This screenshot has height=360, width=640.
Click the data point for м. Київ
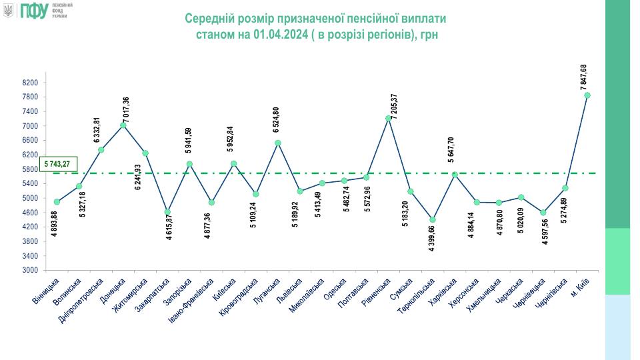click(x=587, y=95)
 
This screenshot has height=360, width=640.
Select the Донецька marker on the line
click(x=123, y=125)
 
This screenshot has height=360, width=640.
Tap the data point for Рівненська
click(x=388, y=118)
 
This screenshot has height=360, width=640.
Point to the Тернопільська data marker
click(x=433, y=219)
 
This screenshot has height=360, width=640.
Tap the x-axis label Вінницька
click(x=48, y=290)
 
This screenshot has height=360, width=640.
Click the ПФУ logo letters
click(x=35, y=10)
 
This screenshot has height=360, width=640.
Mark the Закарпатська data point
click(x=167, y=212)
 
